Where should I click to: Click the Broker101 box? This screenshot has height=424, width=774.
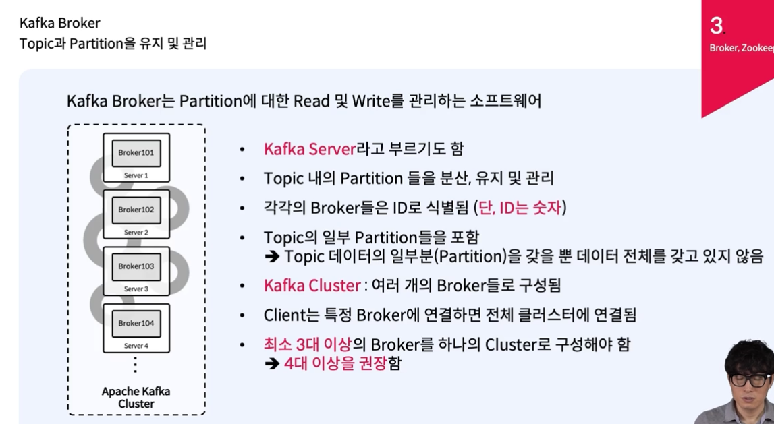[136, 153]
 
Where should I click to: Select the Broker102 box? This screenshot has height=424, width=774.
[136, 210]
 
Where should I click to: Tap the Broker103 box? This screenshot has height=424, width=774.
[136, 266]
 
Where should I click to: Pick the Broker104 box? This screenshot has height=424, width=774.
[136, 323]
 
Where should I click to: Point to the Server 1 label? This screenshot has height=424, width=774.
[136, 175]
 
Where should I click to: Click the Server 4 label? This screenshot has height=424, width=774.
[136, 346]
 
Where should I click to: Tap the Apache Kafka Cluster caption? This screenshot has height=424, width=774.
[136, 398]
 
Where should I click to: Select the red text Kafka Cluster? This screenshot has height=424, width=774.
[312, 285]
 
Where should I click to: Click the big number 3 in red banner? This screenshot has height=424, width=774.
[716, 26]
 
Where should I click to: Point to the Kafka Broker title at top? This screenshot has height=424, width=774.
[59, 24]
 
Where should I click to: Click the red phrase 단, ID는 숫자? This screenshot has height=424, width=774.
[520, 208]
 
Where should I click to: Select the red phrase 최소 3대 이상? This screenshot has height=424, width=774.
[307, 344]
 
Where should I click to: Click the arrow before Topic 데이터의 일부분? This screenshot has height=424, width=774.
[272, 257]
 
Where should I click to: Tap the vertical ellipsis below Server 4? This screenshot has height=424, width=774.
[136, 365]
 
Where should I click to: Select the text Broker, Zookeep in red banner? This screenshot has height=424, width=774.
[741, 48]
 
